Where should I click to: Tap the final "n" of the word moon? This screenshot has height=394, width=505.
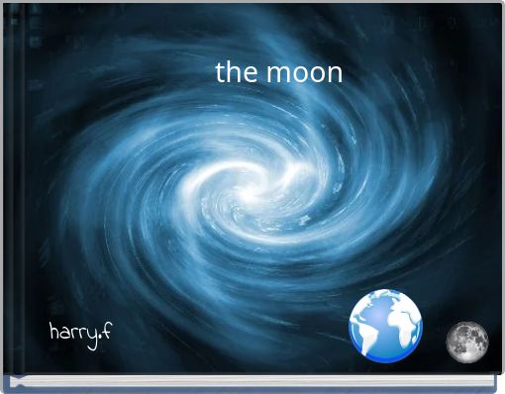(x=335, y=74)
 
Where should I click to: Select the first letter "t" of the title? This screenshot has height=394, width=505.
(x=220, y=72)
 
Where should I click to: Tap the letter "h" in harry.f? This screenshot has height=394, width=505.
(x=53, y=330)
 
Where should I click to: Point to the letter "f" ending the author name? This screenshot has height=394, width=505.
(x=106, y=330)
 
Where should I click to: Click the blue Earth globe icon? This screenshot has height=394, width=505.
(x=385, y=324)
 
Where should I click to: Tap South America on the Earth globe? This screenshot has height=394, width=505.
(x=372, y=337)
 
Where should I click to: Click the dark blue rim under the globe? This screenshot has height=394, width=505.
(x=386, y=357)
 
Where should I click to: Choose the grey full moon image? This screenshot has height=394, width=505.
(x=465, y=342)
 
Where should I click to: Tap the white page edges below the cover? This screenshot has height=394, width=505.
(x=252, y=381)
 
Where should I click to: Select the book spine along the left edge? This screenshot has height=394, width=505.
(x=5, y=198)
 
